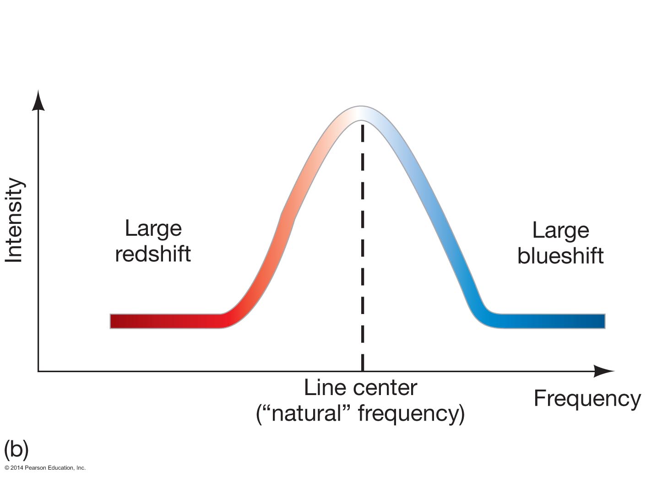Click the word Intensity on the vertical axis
(14, 220)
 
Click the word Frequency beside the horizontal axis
(587, 398)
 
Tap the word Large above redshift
(153, 228)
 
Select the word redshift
(153, 254)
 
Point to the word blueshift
(560, 255)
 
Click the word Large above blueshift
(560, 230)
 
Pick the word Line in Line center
(320, 388)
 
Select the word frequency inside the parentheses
(407, 413)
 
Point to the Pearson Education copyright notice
(45, 468)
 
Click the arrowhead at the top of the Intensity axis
(39, 100)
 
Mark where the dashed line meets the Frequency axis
(362, 371)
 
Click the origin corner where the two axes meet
(38, 371)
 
